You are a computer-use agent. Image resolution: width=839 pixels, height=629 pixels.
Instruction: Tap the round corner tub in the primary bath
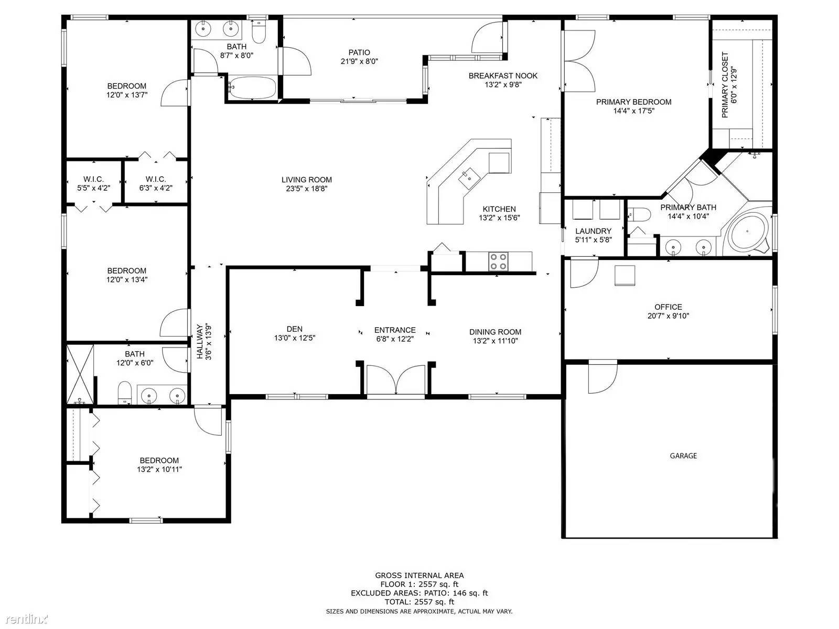pos(748,232)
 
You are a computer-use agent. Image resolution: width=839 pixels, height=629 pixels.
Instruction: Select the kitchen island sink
pos(469,179)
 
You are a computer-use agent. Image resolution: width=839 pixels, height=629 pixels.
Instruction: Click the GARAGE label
pos(683,456)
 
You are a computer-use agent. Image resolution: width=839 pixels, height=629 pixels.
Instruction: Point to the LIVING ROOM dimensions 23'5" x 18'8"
pos(307,188)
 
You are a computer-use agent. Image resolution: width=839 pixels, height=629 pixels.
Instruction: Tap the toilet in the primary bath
pos(639,214)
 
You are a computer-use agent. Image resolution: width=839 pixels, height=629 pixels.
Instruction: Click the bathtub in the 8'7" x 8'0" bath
pos(252,88)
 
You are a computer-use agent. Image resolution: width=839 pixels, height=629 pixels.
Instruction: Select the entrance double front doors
pos(395,379)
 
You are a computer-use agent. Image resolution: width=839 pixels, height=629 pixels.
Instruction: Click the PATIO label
pos(359,52)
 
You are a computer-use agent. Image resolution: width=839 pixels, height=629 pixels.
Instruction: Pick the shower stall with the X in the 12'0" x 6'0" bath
pos(80,374)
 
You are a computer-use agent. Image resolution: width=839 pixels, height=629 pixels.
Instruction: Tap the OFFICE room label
pos(668,307)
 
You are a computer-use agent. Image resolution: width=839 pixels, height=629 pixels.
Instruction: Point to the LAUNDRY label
pos(593,231)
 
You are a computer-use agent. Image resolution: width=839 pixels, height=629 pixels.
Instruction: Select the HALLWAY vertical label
pos(200,341)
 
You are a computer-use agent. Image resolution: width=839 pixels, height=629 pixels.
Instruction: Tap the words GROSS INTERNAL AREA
pos(419,575)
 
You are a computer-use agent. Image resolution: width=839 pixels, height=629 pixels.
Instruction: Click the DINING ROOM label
pos(496,332)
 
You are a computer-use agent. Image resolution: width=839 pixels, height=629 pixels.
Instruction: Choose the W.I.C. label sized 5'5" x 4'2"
pos(93,179)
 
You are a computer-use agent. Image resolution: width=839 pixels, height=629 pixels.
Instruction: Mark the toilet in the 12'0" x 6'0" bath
pos(125,392)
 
